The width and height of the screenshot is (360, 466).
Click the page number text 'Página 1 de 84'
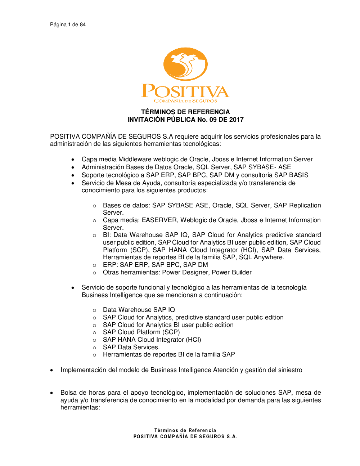click(68, 24)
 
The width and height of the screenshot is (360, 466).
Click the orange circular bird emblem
click(185, 64)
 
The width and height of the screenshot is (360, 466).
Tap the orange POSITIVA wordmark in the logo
click(185, 91)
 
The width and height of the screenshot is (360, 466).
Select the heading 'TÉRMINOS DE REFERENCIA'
click(185, 112)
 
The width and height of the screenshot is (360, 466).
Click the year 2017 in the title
click(237, 120)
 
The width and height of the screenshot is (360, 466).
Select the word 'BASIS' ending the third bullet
click(298, 175)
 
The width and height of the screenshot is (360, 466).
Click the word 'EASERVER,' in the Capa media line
click(160, 220)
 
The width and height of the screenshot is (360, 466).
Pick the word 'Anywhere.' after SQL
click(269, 257)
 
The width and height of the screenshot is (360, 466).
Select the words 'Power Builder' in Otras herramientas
click(231, 272)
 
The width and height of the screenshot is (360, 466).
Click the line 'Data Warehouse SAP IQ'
click(139, 310)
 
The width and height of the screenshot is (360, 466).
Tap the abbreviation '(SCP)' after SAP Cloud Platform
click(171, 332)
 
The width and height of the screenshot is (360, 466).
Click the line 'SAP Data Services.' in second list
click(131, 347)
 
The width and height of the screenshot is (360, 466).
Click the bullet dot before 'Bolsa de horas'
click(52, 393)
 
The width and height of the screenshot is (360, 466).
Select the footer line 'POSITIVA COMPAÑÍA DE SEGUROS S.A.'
click(185, 436)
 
